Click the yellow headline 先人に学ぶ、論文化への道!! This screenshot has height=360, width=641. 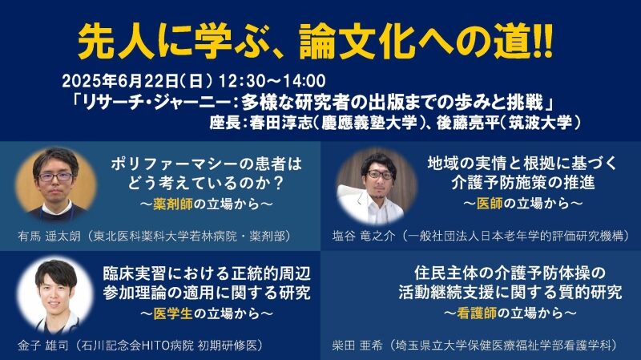(315, 42)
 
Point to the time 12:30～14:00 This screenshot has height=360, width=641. (272, 81)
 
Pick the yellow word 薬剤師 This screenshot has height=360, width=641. (173, 204)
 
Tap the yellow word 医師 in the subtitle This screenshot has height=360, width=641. (490, 204)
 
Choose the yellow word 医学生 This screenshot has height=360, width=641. (173, 313)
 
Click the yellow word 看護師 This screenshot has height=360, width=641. (477, 313)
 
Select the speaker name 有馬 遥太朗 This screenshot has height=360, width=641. (49, 237)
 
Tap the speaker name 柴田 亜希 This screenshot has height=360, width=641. (357, 346)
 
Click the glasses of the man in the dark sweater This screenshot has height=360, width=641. (54, 177)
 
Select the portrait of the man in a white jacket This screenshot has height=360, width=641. (377, 187)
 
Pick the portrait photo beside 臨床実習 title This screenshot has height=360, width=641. (55, 295)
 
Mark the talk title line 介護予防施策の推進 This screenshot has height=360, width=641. (523, 183)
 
